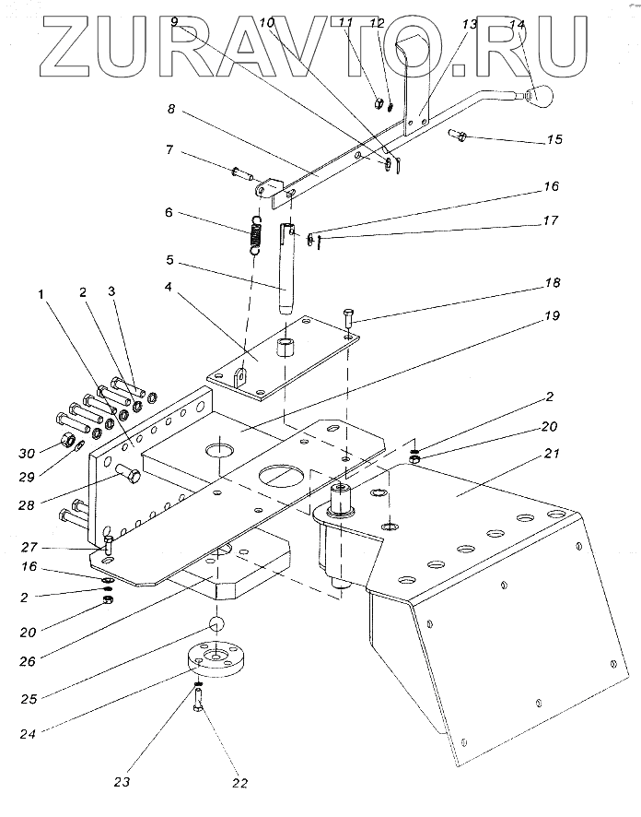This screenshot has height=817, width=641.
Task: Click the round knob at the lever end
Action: point(537,95)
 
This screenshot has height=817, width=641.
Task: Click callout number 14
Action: point(517,25)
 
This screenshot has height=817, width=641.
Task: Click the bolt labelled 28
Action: point(126,477)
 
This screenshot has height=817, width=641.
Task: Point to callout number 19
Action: point(552,316)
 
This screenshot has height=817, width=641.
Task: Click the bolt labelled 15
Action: point(460,136)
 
